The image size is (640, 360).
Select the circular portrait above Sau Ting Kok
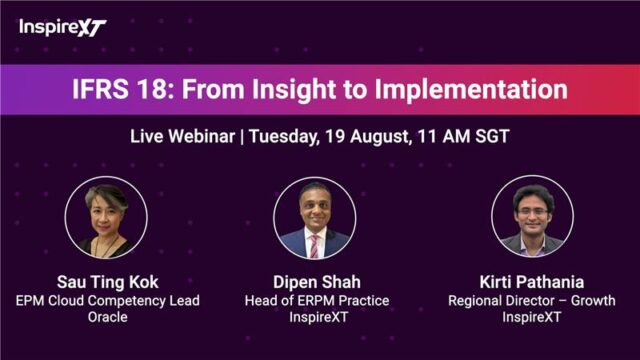click(107, 217)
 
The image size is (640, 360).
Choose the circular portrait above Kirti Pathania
click(532, 217)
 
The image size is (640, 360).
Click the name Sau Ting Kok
click(107, 283)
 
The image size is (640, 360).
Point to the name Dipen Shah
click(317, 283)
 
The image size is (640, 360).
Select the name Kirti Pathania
click(532, 283)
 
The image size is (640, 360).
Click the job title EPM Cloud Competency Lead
click(107, 301)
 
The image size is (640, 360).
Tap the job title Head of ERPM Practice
click(317, 301)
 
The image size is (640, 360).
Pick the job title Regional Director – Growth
click(532, 301)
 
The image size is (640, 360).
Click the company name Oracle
click(107, 318)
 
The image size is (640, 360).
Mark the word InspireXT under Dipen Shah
click(317, 318)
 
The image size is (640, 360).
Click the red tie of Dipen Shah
click(314, 245)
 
